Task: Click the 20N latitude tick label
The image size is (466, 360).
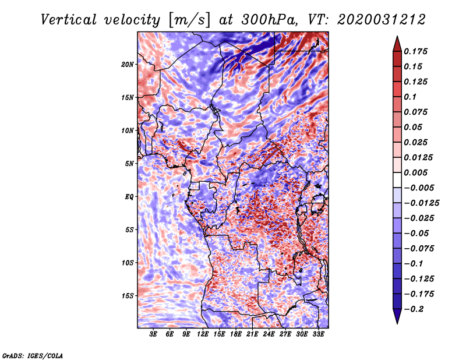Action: pyautogui.click(x=128, y=65)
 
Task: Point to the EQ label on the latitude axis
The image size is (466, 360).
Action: pyautogui.click(x=129, y=197)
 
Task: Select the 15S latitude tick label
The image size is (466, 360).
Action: pyautogui.click(x=128, y=296)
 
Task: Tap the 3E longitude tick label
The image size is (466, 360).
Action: pyautogui.click(x=153, y=334)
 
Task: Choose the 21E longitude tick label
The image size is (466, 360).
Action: pyautogui.click(x=252, y=334)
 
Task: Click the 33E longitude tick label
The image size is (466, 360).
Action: pyautogui.click(x=318, y=334)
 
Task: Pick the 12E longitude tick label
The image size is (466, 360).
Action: pyautogui.click(x=203, y=334)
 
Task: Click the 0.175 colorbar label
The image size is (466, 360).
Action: pyautogui.click(x=415, y=51)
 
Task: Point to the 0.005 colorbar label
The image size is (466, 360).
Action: pyautogui.click(x=415, y=172)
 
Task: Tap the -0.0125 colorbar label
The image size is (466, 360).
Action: pyautogui.click(x=421, y=203)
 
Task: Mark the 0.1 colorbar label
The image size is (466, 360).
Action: pyautogui.click(x=410, y=97)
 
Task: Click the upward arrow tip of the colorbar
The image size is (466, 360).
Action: pyautogui.click(x=397, y=36)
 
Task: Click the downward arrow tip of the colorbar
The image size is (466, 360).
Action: pyautogui.click(x=397, y=324)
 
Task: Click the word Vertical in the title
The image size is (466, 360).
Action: pyautogui.click(x=69, y=20)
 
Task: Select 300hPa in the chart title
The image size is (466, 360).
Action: pyautogui.click(x=270, y=20)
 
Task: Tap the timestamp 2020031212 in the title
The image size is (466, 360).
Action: pyautogui.click(x=382, y=20)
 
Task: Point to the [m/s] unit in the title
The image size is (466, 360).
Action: pyautogui.click(x=189, y=20)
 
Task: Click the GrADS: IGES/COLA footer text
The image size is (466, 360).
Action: pyautogui.click(x=33, y=355)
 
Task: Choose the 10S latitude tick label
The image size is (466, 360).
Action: pyautogui.click(x=128, y=263)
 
